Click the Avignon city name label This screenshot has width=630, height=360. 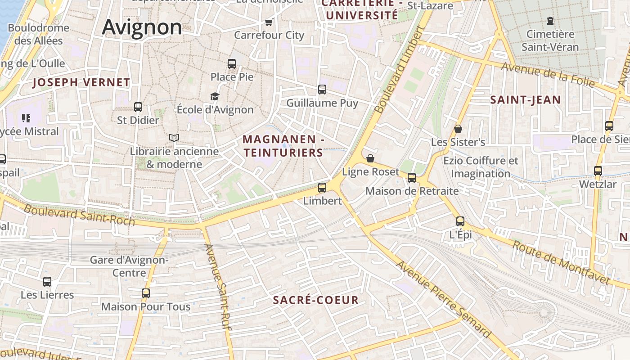(x=142, y=27)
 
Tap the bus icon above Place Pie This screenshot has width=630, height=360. (x=232, y=64)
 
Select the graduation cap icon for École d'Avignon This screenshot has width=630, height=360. (x=215, y=96)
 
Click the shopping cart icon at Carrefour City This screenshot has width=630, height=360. (x=269, y=22)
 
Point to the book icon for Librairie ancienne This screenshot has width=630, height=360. (x=174, y=138)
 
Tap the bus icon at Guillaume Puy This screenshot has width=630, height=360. (x=322, y=90)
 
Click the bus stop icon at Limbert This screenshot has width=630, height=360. (x=322, y=188)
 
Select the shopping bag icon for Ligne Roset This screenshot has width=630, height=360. (x=370, y=158)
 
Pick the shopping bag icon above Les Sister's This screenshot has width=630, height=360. (x=458, y=129)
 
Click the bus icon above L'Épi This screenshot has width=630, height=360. (x=460, y=221)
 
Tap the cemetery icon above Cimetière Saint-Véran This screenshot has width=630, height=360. (x=550, y=20)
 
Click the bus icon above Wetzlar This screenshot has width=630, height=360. (x=598, y=171)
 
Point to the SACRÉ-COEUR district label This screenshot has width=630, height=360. (x=316, y=300)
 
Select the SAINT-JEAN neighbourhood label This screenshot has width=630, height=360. (x=525, y=100)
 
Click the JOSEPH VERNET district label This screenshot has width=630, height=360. (x=81, y=82)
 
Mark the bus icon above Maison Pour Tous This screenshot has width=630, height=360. (x=146, y=293)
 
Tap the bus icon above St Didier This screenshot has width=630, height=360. (x=138, y=107)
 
